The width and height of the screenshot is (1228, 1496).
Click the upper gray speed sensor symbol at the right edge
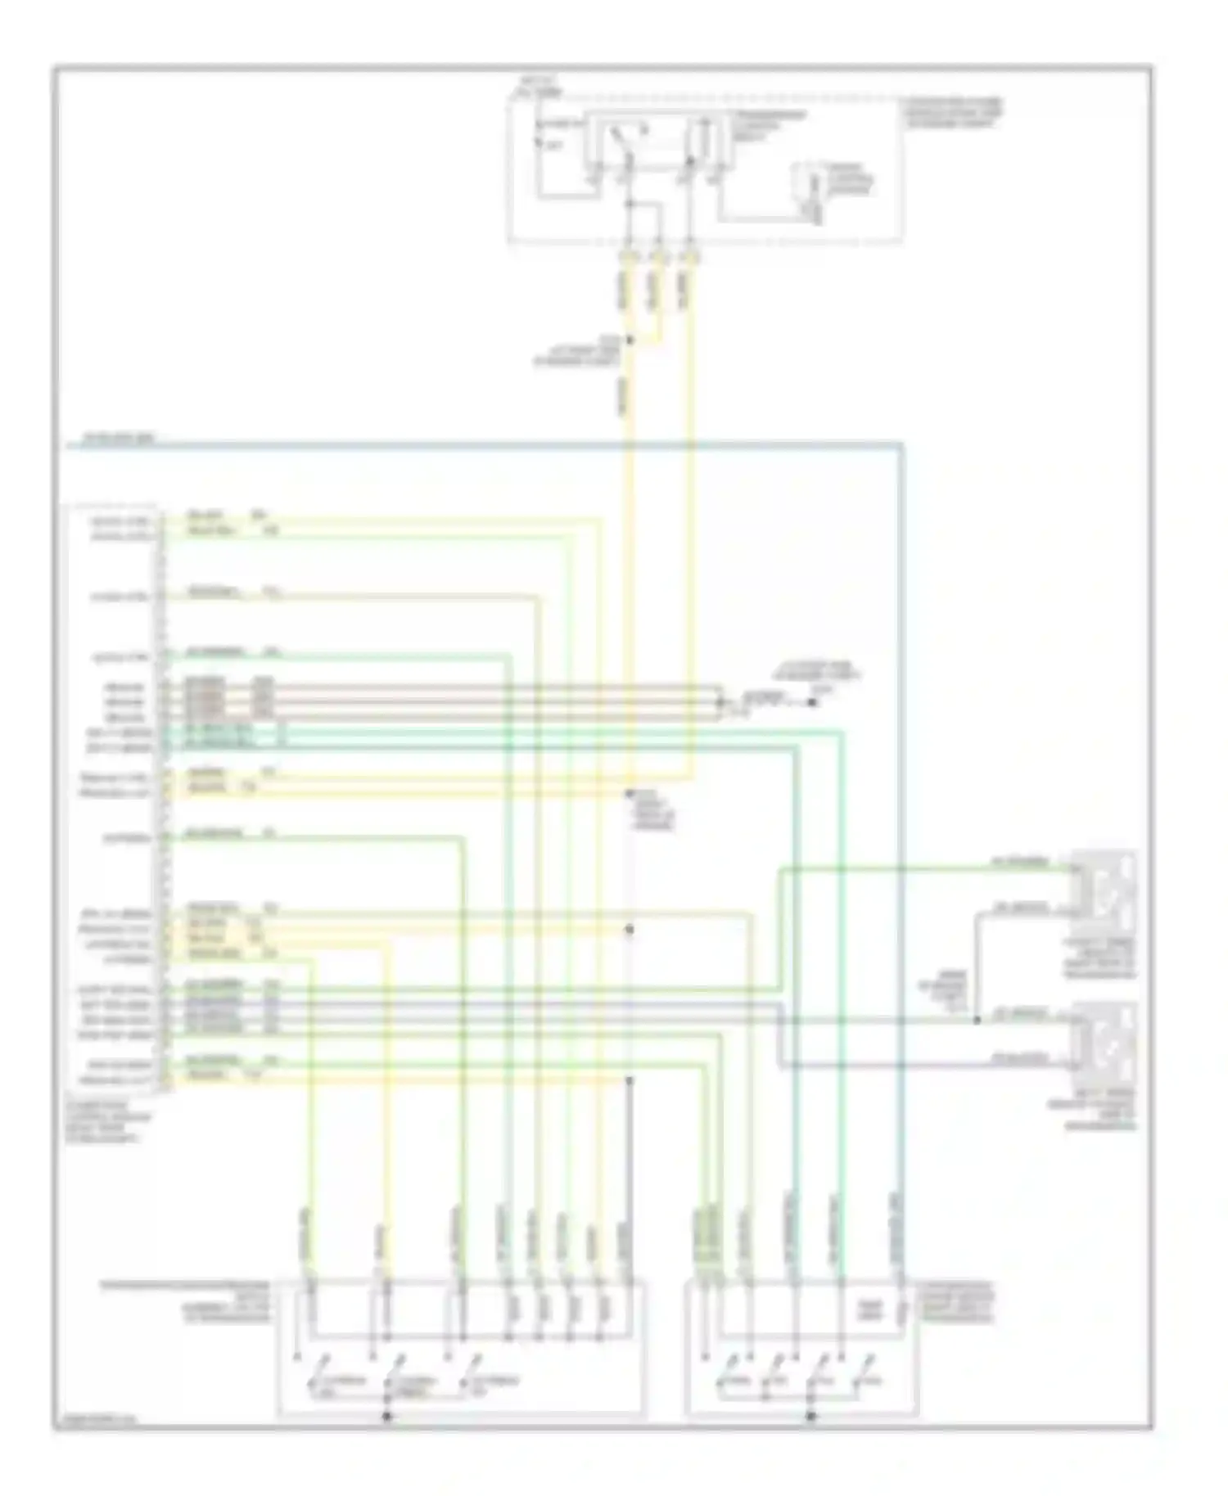pos(1104,886)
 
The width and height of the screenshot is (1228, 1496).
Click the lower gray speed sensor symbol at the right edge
pos(1104,1040)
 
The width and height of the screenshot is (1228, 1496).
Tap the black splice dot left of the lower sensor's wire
pos(977,1021)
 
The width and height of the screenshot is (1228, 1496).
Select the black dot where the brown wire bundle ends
pos(813,702)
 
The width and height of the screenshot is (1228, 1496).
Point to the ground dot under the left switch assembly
pos(387,1416)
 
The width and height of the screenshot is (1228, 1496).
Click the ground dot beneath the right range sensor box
pos(811,1416)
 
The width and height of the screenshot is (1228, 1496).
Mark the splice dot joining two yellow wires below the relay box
pos(630,340)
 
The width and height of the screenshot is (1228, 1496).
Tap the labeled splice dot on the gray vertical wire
pos(630,794)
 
